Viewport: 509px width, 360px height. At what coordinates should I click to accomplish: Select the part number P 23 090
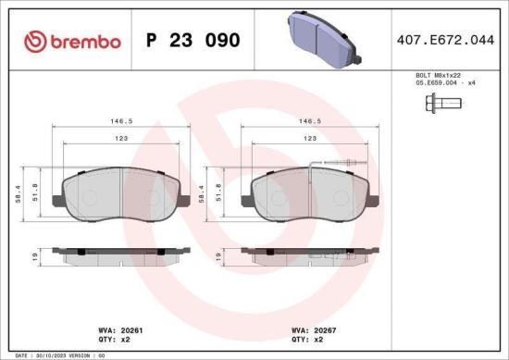193,42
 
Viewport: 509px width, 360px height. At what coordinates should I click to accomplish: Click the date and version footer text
56,354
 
